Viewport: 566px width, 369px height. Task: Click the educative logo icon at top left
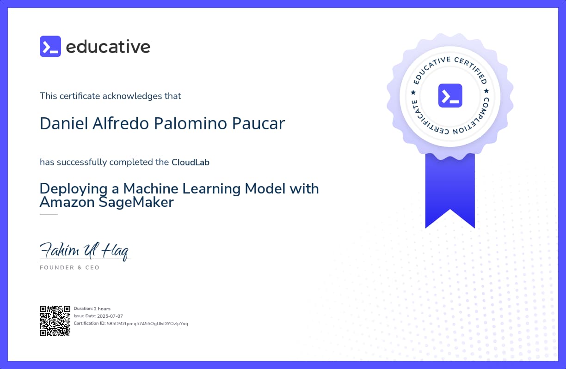50,47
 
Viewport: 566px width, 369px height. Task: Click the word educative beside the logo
108,47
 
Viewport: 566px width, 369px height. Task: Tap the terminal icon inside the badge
450,96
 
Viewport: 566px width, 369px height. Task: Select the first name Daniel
64,123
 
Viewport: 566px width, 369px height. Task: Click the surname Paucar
258,123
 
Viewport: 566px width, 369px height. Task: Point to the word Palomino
191,123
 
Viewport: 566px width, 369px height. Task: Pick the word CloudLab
191,162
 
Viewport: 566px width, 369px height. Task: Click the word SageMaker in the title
136,202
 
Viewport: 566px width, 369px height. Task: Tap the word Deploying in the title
74,189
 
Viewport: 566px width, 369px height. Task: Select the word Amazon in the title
67,202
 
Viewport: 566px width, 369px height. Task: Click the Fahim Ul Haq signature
85,251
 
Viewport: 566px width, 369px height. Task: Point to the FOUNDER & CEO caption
70,267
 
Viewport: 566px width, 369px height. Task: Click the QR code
55,321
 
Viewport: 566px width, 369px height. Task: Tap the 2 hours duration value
102,309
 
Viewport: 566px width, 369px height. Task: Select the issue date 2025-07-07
110,316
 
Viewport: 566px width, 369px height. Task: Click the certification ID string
148,324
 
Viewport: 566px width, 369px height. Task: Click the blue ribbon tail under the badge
450,191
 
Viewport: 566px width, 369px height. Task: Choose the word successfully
82,162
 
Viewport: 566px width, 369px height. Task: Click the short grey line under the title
49,214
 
